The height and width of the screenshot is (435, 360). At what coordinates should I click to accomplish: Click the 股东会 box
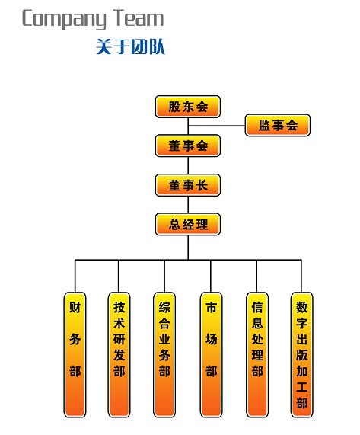point(188,107)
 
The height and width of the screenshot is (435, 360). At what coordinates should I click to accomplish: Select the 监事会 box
point(278,125)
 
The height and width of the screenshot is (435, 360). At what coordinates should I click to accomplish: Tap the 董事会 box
point(188,146)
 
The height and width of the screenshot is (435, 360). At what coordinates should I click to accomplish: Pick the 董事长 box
point(188,185)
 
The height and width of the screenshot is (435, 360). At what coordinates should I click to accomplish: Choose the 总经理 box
point(188,224)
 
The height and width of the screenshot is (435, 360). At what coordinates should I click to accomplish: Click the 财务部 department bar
point(75,354)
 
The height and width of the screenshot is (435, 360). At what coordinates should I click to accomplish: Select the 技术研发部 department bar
point(119,354)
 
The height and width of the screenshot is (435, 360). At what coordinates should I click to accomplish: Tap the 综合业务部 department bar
point(164,354)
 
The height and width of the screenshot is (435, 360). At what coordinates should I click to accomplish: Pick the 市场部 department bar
point(211,354)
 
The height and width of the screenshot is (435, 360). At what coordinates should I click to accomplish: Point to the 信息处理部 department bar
point(257,354)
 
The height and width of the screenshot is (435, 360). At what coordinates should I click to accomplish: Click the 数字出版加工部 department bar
point(302,354)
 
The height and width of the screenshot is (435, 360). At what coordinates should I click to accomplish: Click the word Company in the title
point(64,19)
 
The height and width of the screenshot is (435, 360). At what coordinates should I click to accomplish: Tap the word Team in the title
point(140,18)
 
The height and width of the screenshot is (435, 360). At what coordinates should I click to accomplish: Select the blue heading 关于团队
point(131,46)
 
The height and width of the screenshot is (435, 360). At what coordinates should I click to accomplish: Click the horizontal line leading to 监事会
point(217,126)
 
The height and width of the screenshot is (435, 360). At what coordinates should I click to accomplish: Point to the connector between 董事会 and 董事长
point(188,165)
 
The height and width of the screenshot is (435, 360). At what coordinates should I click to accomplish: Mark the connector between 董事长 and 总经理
point(188,205)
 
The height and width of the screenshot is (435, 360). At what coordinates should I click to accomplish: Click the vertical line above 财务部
point(75,276)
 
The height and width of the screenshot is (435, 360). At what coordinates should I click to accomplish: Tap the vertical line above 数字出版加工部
point(301,276)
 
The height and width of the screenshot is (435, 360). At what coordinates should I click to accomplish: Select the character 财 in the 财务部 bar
point(75,307)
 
